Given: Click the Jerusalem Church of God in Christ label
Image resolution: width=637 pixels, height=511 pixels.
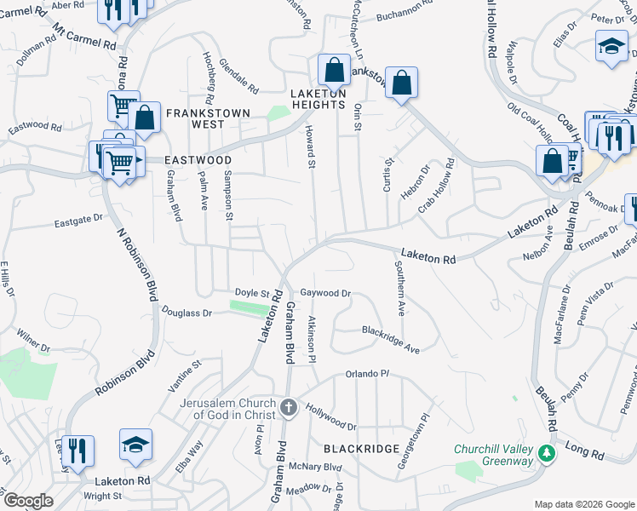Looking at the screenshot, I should coord(228,408).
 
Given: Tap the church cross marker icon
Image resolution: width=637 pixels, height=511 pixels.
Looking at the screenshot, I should coord(288,408).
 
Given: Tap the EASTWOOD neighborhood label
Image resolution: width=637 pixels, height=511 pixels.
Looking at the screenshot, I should coord(198,160).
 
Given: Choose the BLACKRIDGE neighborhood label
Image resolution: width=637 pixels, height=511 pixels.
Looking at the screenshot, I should coord(361,448).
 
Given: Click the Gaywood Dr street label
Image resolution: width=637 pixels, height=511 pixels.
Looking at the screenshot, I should coord(325,292).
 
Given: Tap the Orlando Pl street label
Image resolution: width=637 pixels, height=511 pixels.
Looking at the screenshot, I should coord(367,374).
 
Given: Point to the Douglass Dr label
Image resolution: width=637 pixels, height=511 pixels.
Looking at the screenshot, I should coord(187,313).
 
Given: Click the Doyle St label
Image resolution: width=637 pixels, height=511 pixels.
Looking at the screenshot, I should coord(252,292).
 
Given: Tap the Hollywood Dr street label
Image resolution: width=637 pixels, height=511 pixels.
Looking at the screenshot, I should coord(331,417).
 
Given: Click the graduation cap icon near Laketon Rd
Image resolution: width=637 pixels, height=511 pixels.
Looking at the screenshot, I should coord(135,445).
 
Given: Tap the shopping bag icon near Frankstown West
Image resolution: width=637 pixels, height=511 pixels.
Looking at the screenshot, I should coord(145,119).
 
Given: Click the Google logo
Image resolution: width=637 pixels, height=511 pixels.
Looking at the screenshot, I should coord(28,501).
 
